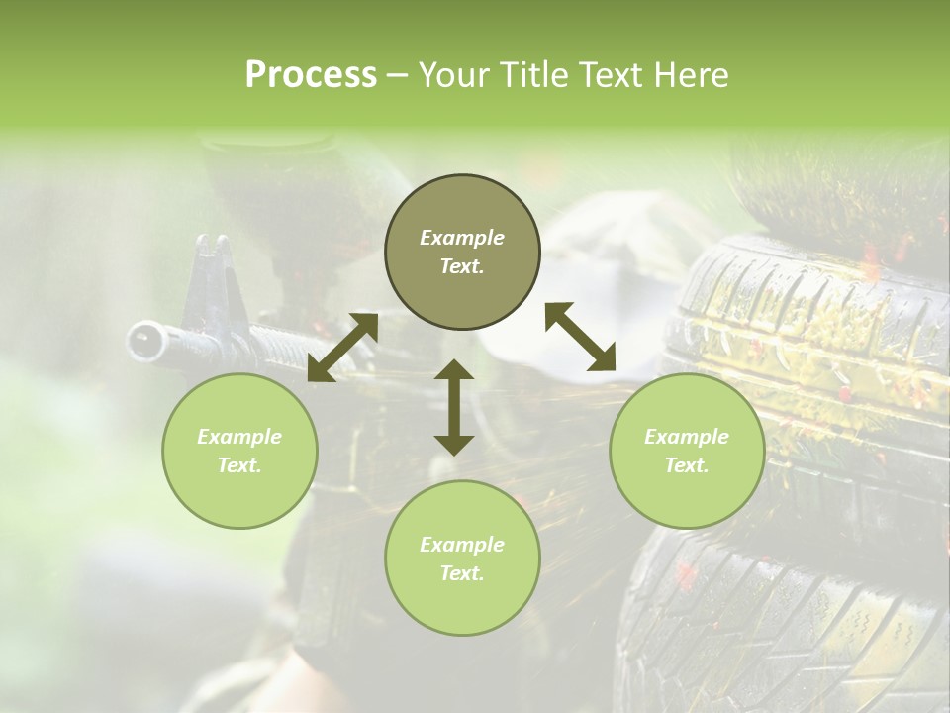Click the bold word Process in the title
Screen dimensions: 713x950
[311, 75]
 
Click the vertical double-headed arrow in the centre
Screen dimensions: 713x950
[454, 407]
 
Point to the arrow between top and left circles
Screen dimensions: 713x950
[342, 348]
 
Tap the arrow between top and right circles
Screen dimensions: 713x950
[581, 337]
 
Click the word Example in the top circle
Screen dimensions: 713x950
[462, 238]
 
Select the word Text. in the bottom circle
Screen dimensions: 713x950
[462, 573]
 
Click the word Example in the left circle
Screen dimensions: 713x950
[239, 437]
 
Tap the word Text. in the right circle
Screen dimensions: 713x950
[687, 465]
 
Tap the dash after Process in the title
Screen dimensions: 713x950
[398, 75]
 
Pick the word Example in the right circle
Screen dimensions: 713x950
[687, 437]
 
